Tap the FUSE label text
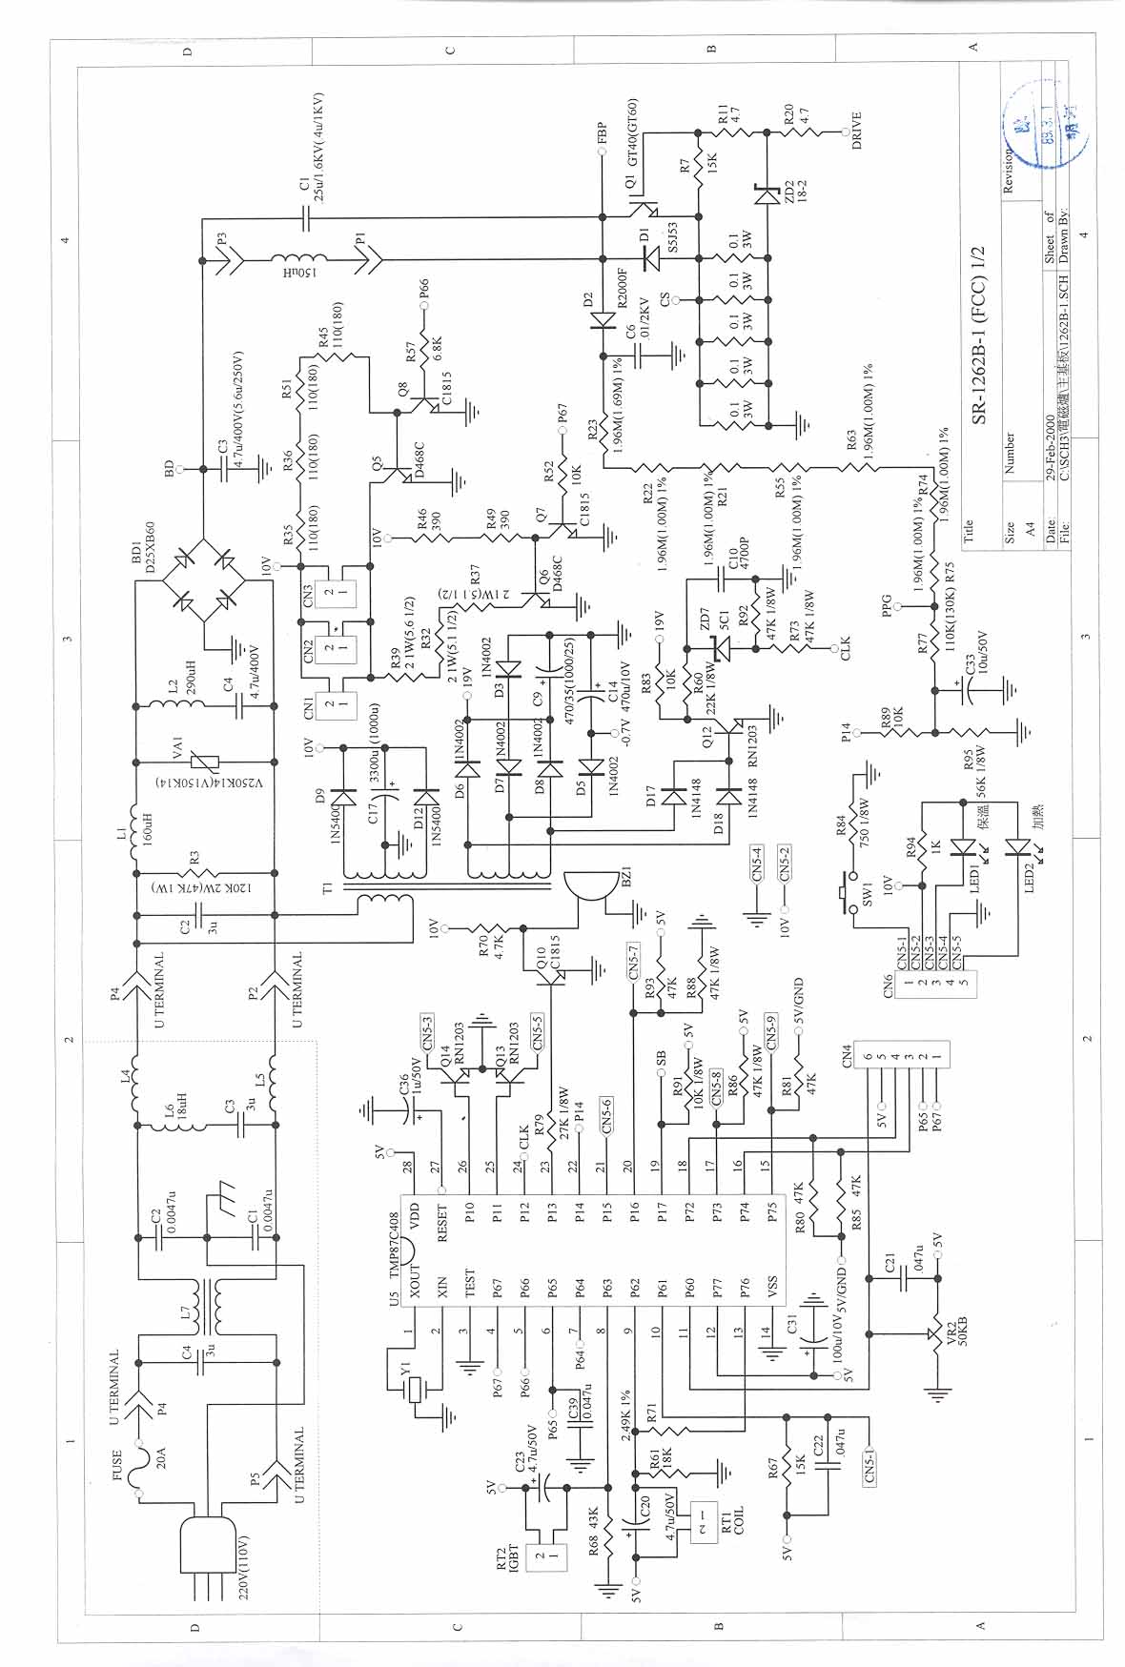click(x=118, y=1467)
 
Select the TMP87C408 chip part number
click(x=395, y=1240)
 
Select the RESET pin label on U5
click(x=441, y=1225)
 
